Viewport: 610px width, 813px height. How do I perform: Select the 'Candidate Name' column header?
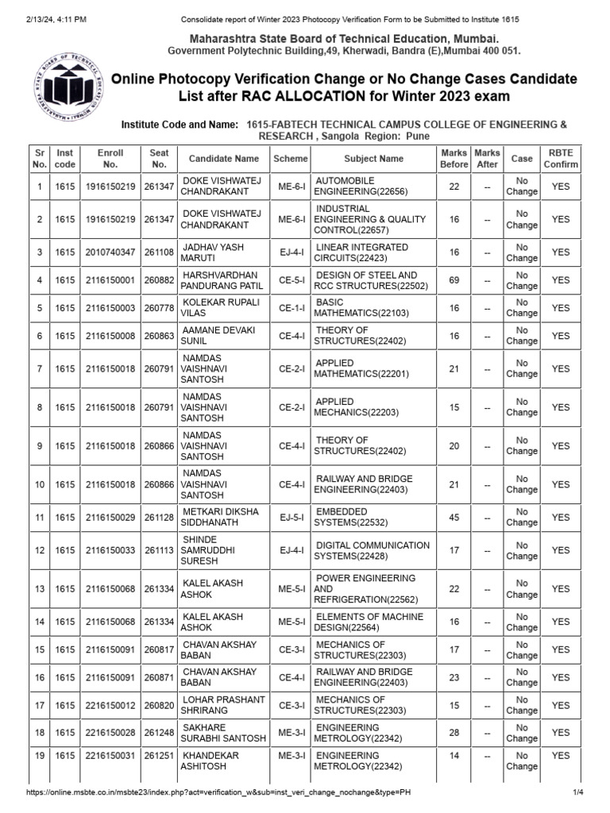224,159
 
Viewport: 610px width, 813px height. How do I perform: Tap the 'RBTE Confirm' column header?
561,159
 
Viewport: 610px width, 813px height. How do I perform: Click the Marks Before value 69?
454,280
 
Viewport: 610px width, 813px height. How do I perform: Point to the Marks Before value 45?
454,518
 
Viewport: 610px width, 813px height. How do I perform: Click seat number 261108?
160,252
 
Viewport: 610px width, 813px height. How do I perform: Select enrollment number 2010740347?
110,252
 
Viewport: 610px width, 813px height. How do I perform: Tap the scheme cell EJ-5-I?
291,518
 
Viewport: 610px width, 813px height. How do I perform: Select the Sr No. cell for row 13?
39,589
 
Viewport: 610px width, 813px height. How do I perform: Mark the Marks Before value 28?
454,733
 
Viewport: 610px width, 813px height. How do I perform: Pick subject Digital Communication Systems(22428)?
372,550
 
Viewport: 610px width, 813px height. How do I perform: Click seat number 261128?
160,518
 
